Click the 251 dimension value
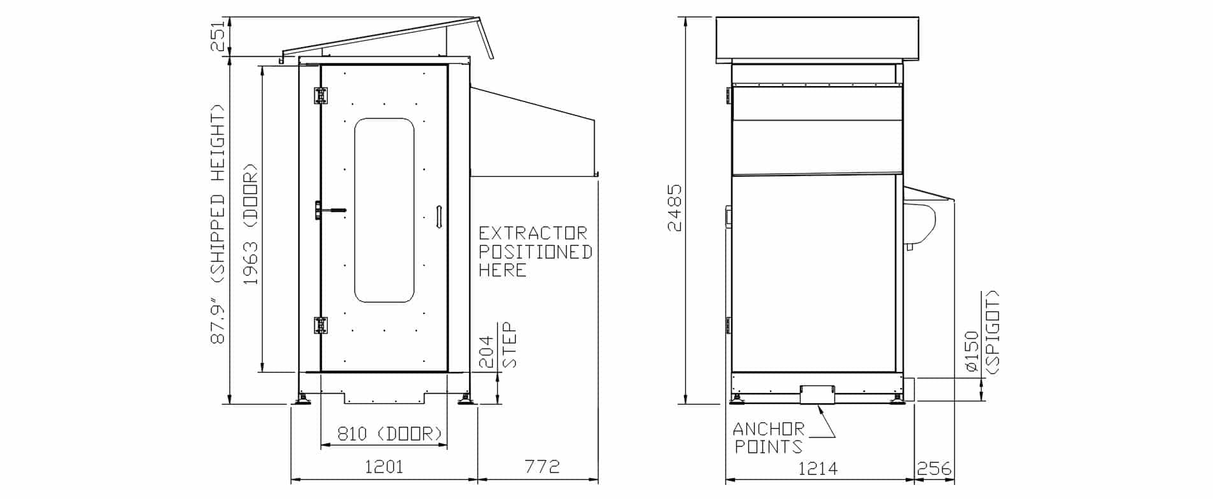tap(218, 36)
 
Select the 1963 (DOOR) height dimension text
tap(251, 224)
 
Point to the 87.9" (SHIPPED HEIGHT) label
tap(218, 224)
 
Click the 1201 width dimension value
tap(384, 467)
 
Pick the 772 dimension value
tap(542, 467)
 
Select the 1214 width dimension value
tap(818, 469)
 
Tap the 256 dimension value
tap(934, 469)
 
